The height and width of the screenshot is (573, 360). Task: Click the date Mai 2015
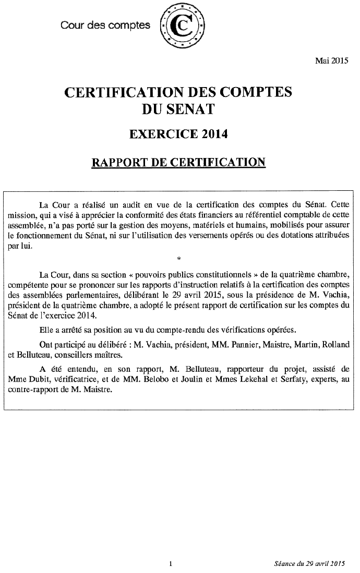[x=331, y=61]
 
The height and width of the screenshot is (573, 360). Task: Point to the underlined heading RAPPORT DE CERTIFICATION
[x=178, y=162]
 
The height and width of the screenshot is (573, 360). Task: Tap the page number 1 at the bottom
[x=171, y=563]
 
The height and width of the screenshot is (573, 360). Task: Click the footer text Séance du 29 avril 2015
[x=310, y=563]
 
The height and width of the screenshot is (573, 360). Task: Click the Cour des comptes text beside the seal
[x=105, y=25]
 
